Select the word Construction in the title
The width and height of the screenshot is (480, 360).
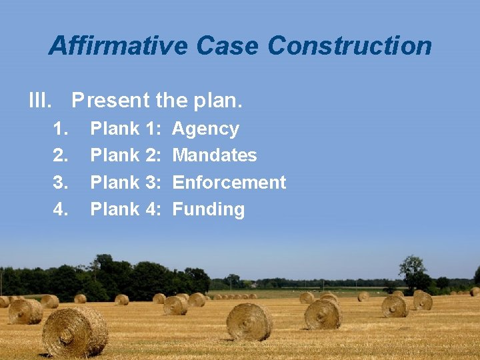click(349, 46)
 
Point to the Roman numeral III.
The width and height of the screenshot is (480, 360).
click(40, 101)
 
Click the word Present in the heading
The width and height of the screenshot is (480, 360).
click(111, 101)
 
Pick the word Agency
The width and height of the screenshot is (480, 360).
click(205, 129)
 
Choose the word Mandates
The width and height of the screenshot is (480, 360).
click(215, 155)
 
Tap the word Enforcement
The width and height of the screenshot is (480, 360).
click(229, 182)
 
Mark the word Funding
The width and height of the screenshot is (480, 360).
click(209, 209)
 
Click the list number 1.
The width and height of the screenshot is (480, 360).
click(61, 129)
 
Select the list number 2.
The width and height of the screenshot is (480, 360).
click(61, 155)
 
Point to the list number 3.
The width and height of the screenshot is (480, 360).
click(61, 182)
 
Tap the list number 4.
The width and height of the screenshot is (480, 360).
click(61, 209)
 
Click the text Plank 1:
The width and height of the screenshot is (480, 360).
click(126, 129)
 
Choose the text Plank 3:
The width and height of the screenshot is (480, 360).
click(126, 182)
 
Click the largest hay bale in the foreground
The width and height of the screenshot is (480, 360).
click(75, 331)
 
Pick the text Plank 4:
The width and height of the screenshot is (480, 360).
click(126, 209)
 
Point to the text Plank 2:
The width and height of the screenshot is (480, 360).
click(126, 155)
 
